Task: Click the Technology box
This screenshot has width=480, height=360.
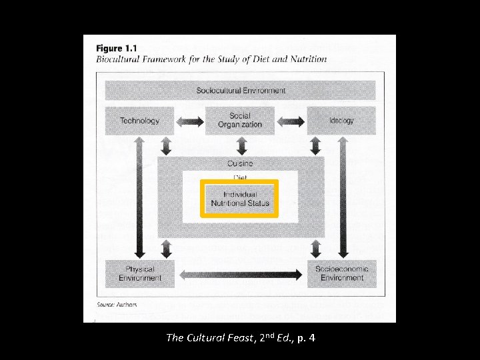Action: point(139,121)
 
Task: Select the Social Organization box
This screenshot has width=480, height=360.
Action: point(240,121)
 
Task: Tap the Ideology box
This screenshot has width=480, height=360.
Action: point(341,121)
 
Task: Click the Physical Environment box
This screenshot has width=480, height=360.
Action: point(139,273)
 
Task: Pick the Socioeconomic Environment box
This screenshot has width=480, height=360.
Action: point(341,273)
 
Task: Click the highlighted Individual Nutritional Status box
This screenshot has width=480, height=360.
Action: point(239,199)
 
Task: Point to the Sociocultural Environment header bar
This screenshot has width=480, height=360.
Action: point(240,90)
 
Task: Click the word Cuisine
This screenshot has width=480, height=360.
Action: point(240,163)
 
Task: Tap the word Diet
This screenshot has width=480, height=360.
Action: point(240,177)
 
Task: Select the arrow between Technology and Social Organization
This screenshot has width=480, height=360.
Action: point(189,121)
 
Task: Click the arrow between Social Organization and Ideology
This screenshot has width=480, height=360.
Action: point(291,121)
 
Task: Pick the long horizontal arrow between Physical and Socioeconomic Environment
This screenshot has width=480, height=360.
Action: point(241,274)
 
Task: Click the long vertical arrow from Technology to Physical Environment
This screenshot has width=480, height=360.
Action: point(139,197)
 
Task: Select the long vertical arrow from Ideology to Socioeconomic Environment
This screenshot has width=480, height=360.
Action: point(343,197)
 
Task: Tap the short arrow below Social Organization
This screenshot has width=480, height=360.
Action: point(241,145)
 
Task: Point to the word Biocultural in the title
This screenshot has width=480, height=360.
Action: point(117,59)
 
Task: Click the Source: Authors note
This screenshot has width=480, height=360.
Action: point(117,305)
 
